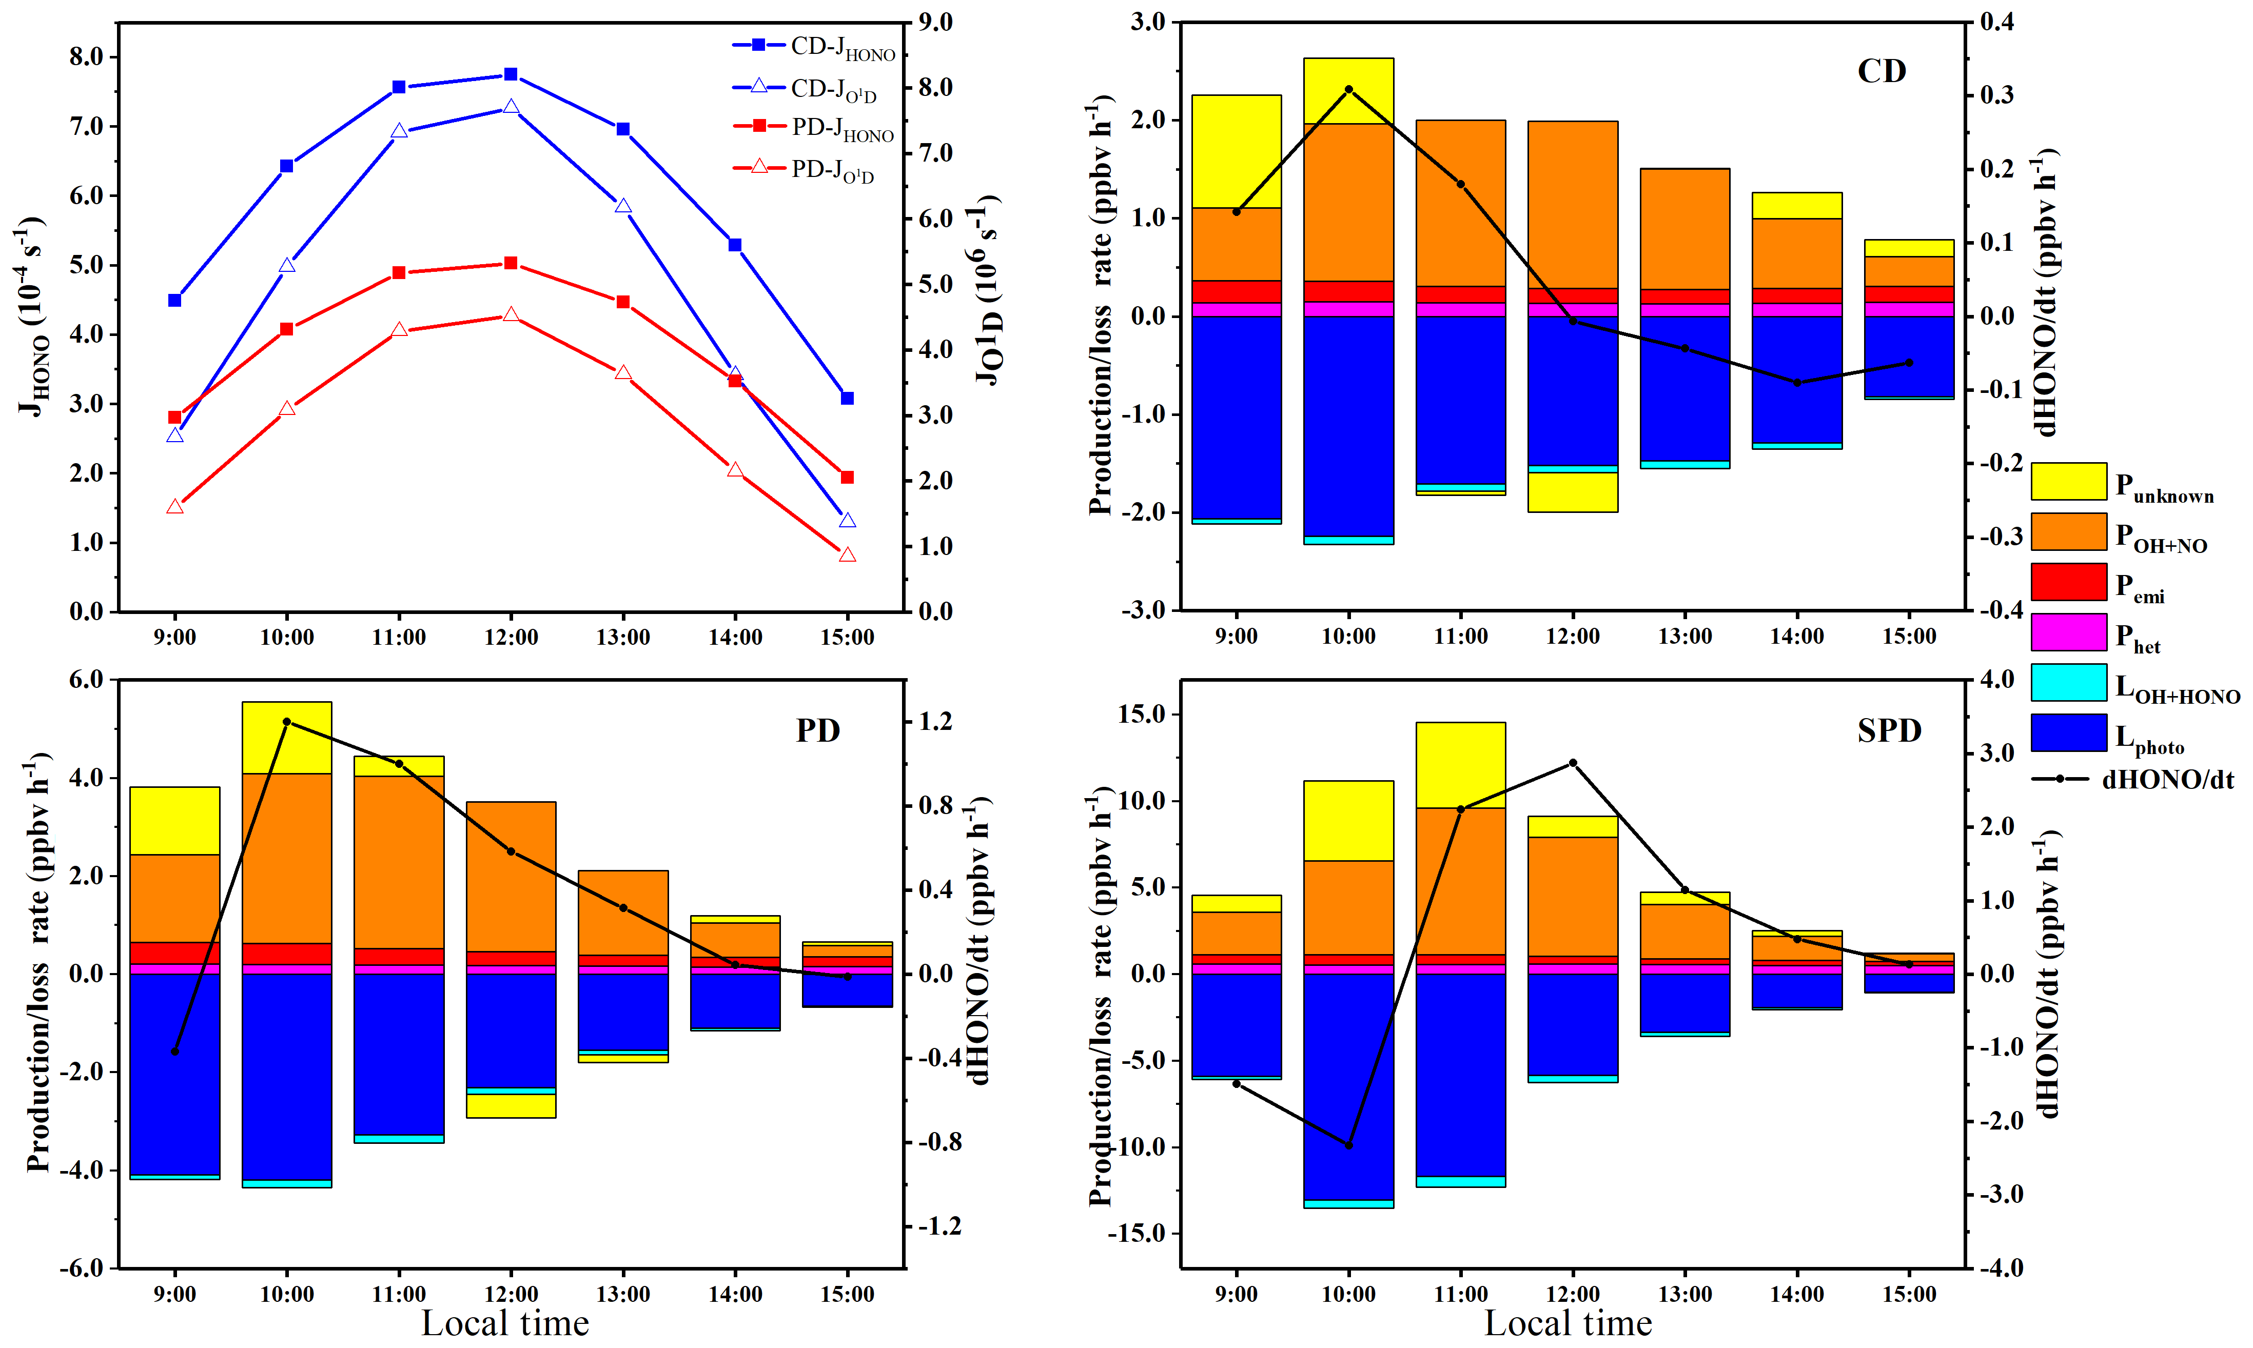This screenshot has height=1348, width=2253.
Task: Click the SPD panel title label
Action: click(1889, 730)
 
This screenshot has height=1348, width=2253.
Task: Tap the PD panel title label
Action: click(818, 730)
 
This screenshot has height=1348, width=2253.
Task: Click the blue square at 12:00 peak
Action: click(511, 74)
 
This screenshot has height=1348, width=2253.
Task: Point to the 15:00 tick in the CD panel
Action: click(1909, 637)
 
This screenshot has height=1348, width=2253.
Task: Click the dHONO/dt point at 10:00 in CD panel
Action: click(1348, 89)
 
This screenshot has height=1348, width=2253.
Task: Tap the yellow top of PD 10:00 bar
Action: click(287, 737)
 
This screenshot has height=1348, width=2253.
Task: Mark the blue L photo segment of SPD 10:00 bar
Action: click(1348, 1085)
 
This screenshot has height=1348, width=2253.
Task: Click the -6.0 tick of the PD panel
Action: click(84, 1268)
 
